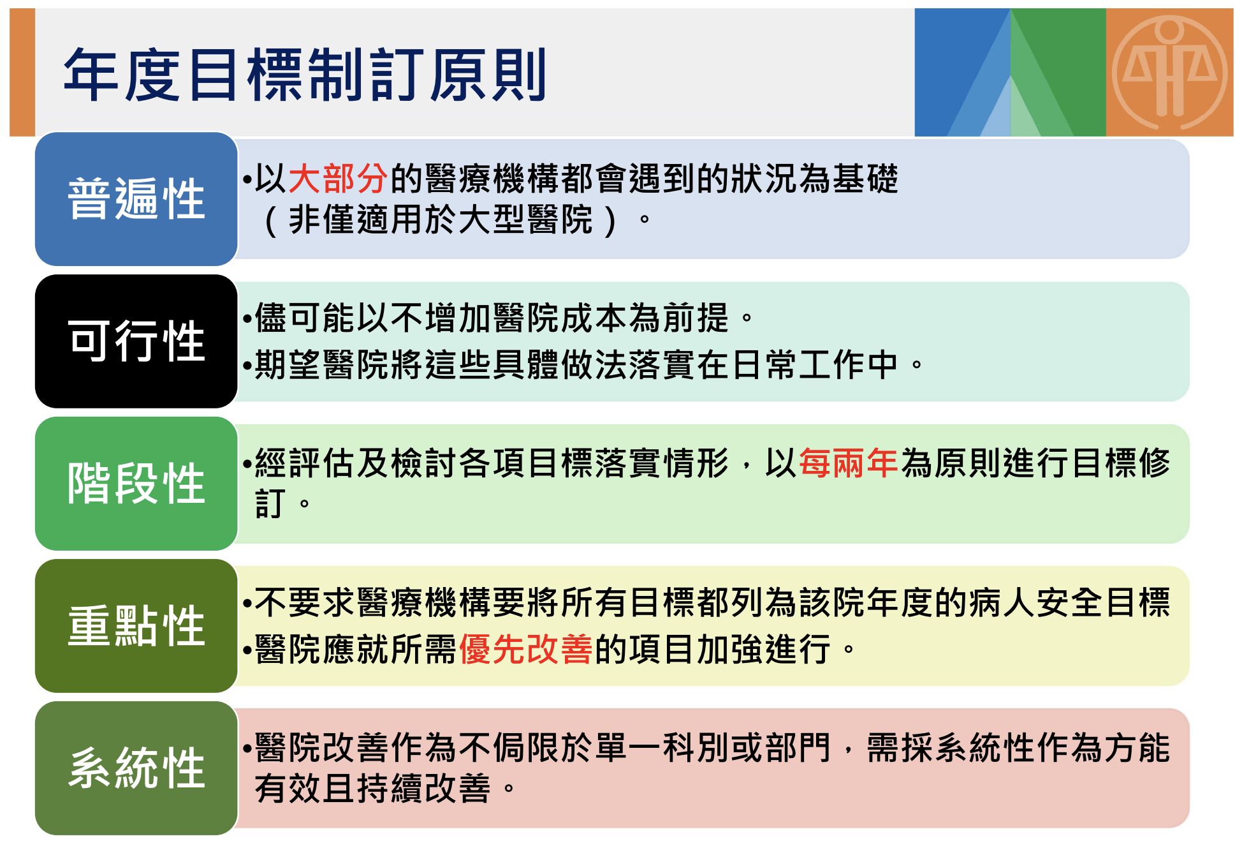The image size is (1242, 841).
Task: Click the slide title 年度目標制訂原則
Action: coord(305,75)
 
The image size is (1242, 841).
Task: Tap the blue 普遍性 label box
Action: coord(136,199)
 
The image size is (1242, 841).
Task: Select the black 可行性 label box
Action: coord(136,341)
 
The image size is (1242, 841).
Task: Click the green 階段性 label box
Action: coord(136,484)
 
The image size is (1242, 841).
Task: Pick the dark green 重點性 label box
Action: coord(136,626)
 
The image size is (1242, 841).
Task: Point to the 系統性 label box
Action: coord(136,768)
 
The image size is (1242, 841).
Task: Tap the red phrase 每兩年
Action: coord(848,463)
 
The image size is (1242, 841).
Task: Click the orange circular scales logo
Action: coord(1169,71)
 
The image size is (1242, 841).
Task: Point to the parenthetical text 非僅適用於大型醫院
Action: coord(441,220)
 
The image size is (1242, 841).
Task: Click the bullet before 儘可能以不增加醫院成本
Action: coord(247,318)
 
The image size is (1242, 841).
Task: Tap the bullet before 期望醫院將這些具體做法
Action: coord(247,366)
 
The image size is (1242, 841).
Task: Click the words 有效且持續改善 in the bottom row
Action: coord(372,789)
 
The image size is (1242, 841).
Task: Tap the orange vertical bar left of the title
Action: coord(22,72)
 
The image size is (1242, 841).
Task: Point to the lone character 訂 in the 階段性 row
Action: coord(269,504)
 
